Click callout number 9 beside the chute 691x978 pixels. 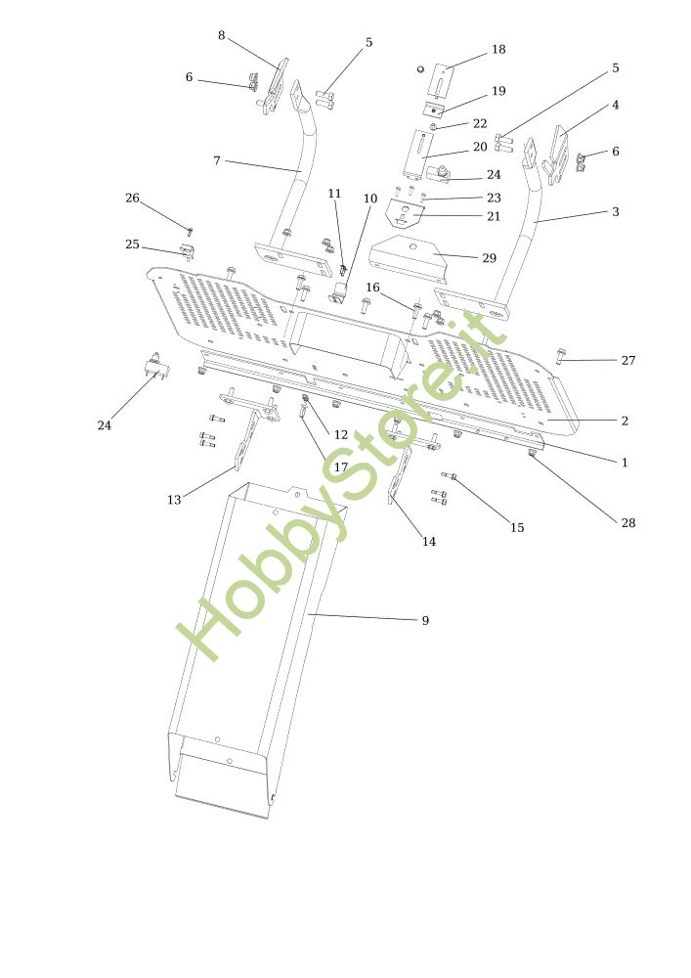(425, 620)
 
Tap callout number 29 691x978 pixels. (489, 258)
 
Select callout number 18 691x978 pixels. (498, 50)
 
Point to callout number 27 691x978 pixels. (628, 361)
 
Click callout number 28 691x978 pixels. (628, 523)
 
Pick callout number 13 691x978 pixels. (174, 500)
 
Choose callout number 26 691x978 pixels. (132, 199)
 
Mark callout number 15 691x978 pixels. (517, 528)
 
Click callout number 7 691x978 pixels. (217, 159)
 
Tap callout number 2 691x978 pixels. (625, 422)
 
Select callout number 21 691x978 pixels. (494, 216)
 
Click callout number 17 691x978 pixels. (340, 467)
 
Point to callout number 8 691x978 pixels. (222, 35)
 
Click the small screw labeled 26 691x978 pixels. (190, 232)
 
